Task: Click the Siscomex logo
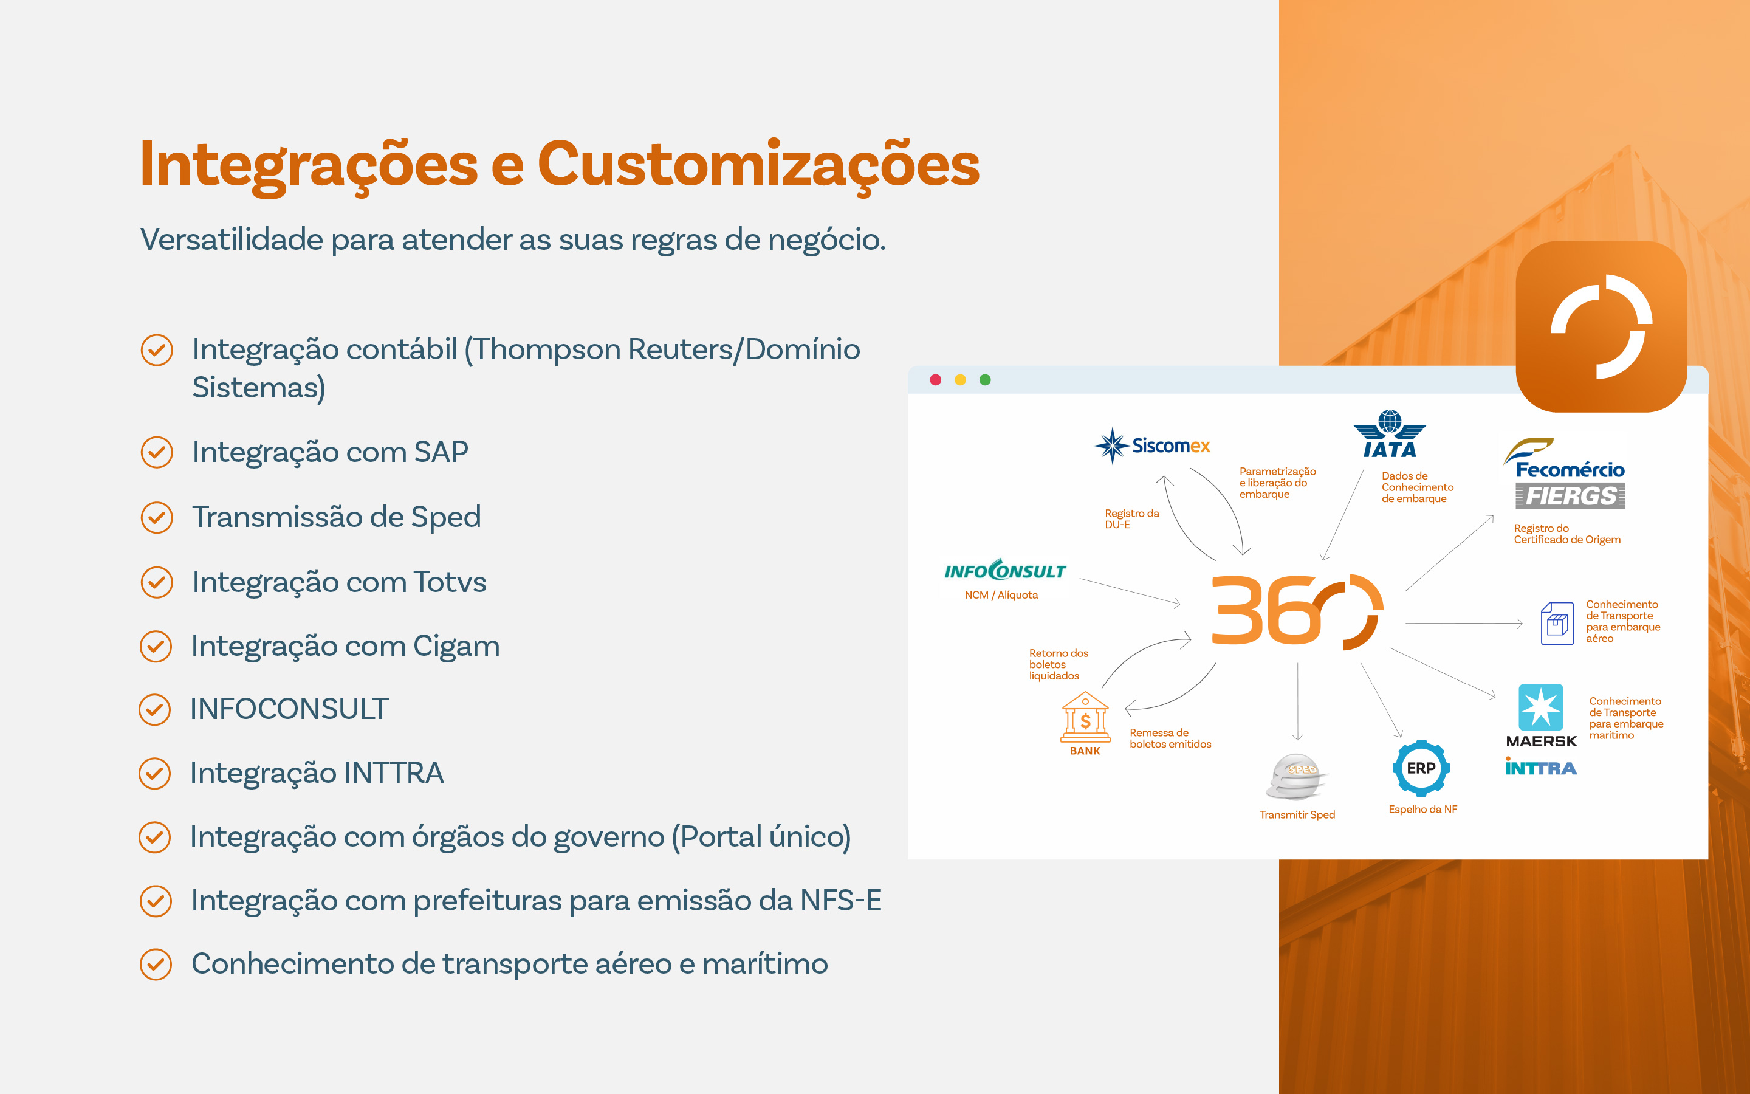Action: click(x=1151, y=445)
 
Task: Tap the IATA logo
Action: click(x=1389, y=434)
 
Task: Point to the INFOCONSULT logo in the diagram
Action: click(x=1005, y=570)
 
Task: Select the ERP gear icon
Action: click(x=1421, y=768)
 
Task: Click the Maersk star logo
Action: click(x=1541, y=707)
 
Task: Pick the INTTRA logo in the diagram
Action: click(x=1541, y=767)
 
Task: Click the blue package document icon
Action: click(x=1557, y=623)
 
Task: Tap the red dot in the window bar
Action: click(x=935, y=380)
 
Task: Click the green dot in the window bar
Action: click(x=985, y=380)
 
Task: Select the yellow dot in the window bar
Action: click(x=960, y=380)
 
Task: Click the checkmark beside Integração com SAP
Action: click(x=157, y=452)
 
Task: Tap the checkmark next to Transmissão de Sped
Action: click(x=157, y=517)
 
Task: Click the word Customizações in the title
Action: click(x=758, y=165)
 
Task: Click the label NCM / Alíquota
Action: click(x=1001, y=595)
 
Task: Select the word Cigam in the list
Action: click(x=456, y=646)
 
